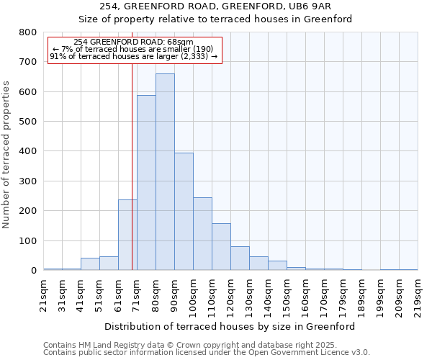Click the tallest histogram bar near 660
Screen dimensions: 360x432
pos(165,172)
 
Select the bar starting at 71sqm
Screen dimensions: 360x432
pos(146,183)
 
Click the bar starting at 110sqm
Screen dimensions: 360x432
pos(221,247)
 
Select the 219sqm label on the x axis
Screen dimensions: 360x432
pos(418,295)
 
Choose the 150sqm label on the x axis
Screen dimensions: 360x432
pos(287,295)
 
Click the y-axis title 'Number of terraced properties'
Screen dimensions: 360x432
pos(6,154)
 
